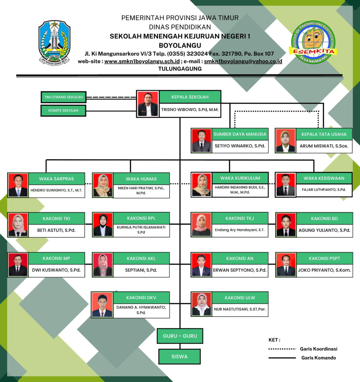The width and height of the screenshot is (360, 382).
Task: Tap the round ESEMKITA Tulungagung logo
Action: pyautogui.click(x=313, y=42)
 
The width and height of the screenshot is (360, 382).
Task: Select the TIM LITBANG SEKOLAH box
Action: pyautogui.click(x=63, y=97)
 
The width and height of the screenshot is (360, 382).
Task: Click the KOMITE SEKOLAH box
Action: pyautogui.click(x=63, y=110)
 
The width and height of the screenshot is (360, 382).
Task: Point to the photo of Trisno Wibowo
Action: pyautogui.click(x=148, y=104)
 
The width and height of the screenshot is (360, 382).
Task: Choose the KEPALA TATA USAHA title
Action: pyautogui.click(x=323, y=134)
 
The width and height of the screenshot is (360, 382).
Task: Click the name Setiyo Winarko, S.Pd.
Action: pyautogui.click(x=240, y=146)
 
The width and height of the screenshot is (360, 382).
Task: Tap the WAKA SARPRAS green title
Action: pyautogui.click(x=56, y=179)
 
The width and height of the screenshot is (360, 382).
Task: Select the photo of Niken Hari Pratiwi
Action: pyautogui.click(x=103, y=185)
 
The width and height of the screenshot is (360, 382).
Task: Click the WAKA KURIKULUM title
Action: pyautogui.click(x=240, y=178)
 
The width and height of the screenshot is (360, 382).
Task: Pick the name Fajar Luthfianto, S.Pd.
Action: pyautogui.click(x=324, y=190)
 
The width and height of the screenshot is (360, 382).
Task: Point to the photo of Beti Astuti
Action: pyautogui.click(x=18, y=225)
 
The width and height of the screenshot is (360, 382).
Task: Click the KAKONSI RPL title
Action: pyautogui.click(x=141, y=218)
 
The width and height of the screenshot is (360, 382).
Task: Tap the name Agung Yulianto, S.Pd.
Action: pyautogui.click(x=324, y=230)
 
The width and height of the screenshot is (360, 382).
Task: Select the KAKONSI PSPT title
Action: pyautogui.click(x=324, y=258)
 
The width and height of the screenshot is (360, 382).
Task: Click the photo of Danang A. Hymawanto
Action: pyautogui.click(x=102, y=304)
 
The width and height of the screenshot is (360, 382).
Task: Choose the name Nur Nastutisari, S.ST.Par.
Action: pyautogui.click(x=240, y=309)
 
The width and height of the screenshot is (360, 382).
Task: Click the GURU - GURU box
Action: pyautogui.click(x=180, y=336)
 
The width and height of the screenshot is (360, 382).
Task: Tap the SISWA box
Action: pyautogui.click(x=180, y=357)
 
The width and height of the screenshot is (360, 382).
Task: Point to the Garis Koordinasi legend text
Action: pyautogui.click(x=319, y=349)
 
